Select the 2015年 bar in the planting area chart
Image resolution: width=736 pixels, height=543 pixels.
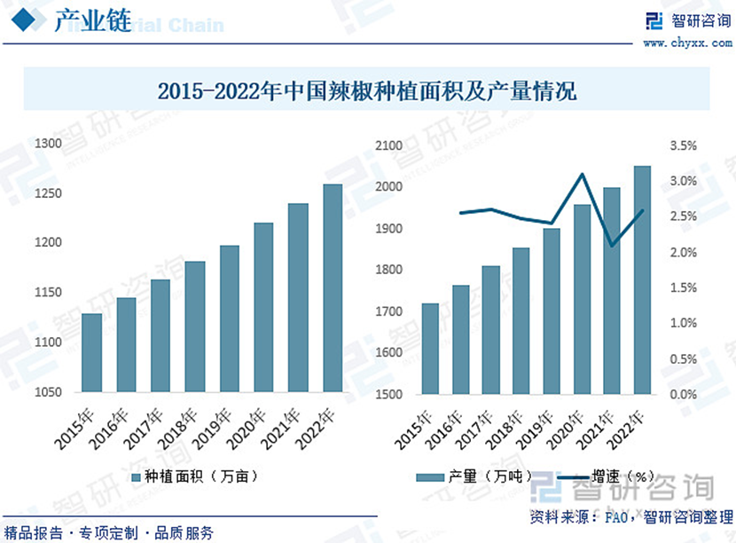click(x=91, y=352)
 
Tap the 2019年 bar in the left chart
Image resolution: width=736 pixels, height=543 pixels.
click(x=230, y=319)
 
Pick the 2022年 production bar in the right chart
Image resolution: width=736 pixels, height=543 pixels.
click(x=642, y=279)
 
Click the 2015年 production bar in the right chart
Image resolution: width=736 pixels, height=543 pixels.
click(x=430, y=349)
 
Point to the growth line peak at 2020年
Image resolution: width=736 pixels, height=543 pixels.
click(x=582, y=174)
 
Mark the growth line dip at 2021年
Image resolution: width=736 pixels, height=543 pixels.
click(x=612, y=246)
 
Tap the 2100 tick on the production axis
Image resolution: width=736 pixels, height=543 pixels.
click(x=390, y=146)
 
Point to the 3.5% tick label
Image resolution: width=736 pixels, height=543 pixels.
click(x=684, y=146)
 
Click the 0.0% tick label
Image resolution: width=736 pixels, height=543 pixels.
click(x=684, y=394)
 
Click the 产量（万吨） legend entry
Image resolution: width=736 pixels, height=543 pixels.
click(x=474, y=477)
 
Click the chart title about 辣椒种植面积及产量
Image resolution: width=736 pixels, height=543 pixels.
click(x=366, y=90)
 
